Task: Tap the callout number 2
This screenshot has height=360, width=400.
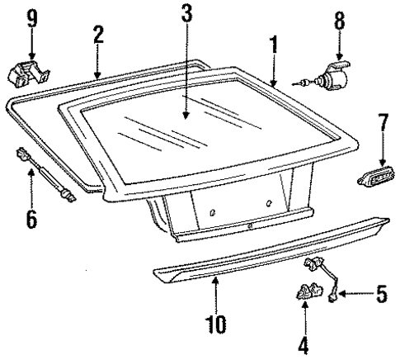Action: pos(98,34)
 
